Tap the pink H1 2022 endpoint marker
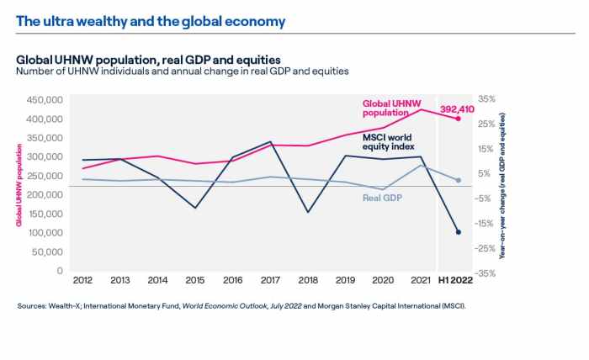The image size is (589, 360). tap(459, 119)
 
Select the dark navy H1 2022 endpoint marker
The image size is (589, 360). tap(459, 232)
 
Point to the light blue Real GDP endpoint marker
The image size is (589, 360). tap(459, 180)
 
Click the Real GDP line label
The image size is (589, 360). tap(380, 198)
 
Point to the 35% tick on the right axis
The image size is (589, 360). tap(486, 99)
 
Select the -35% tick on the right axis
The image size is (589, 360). tap(485, 273)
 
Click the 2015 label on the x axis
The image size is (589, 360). tap(194, 280)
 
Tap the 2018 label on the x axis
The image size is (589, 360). tap(308, 280)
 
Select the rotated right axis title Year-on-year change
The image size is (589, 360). tap(502, 185)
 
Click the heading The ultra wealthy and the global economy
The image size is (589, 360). tap(151, 21)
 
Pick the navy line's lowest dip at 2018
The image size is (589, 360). tap(308, 212)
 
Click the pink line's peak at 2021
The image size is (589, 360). tap(421, 110)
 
